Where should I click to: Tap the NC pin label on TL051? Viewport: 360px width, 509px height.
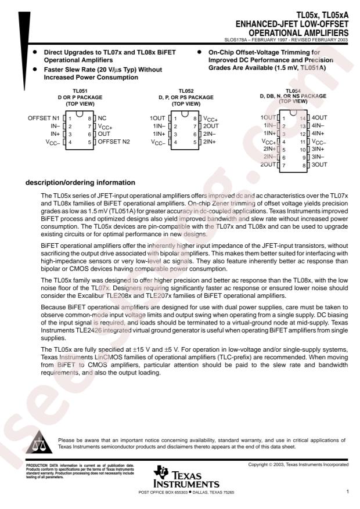[x=102, y=118]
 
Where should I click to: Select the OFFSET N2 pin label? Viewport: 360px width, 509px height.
[x=117, y=142]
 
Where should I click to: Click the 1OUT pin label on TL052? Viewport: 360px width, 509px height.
[x=157, y=118]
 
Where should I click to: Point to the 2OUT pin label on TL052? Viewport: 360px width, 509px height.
[x=211, y=126]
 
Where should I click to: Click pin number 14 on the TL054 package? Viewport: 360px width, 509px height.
[x=302, y=118]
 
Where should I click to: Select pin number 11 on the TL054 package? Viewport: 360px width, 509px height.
[x=302, y=142]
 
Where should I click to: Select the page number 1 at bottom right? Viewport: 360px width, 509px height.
[x=347, y=492]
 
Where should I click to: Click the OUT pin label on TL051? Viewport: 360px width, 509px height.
[x=104, y=133]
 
